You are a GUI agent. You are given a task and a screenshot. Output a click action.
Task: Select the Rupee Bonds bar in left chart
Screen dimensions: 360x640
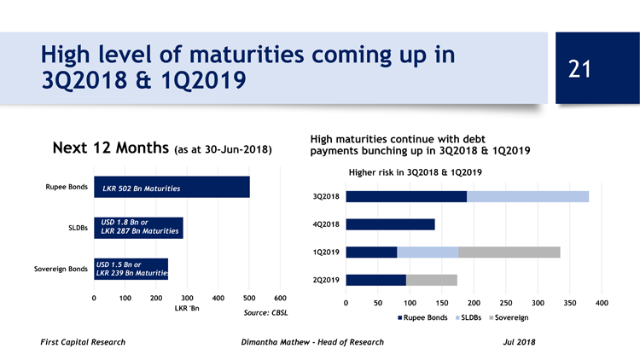pos(172,188)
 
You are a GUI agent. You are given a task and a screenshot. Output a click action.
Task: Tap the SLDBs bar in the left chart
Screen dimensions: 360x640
pos(138,228)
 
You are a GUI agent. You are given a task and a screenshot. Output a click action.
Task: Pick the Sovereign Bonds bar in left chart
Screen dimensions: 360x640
pos(131,269)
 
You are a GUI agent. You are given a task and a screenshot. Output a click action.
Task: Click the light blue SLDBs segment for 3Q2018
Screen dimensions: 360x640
pos(527,197)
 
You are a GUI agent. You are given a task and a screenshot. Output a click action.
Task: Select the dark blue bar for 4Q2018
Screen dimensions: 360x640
pos(390,224)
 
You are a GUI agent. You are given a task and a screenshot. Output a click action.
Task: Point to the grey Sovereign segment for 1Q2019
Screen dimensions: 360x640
pos(509,252)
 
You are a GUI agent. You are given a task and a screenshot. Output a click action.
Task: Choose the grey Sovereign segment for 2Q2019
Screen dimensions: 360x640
pos(431,279)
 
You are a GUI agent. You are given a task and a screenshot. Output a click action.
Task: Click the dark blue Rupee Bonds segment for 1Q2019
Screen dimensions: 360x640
pos(371,252)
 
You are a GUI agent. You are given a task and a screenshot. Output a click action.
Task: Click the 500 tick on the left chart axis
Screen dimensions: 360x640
pos(248,297)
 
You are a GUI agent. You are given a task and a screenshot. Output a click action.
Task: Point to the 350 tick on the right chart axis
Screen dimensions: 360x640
pos(569,303)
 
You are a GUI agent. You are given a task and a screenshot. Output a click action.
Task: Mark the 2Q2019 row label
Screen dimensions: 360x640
pos(326,280)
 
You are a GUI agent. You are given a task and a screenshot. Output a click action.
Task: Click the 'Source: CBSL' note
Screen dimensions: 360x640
pos(265,314)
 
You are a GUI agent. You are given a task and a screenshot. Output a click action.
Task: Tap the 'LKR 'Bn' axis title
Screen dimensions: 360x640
pos(186,308)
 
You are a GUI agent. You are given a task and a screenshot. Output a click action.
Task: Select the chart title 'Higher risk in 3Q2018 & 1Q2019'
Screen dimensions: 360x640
pos(416,172)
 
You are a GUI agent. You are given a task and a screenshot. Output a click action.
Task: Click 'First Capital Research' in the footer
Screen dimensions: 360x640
pos(83,342)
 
